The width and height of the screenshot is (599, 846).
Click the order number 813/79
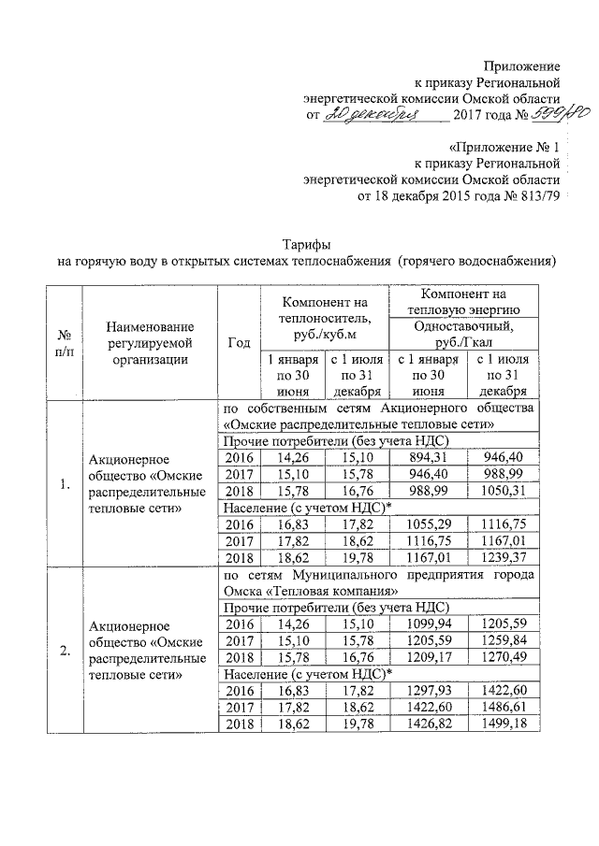coord(534,197)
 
